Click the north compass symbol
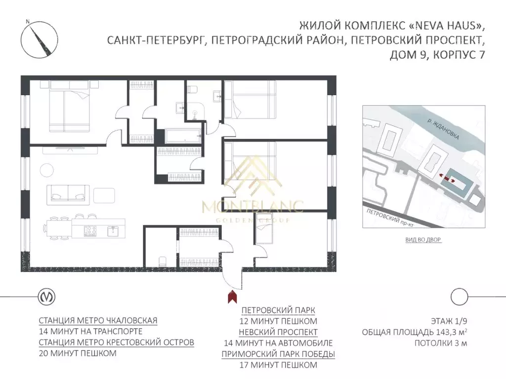click(x=40, y=39)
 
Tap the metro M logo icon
click(x=47, y=297)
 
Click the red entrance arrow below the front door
click(x=232, y=297)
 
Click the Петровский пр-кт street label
click(x=390, y=218)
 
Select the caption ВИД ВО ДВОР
click(x=423, y=239)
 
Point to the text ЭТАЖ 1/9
click(x=449, y=321)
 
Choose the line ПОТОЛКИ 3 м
click(x=441, y=343)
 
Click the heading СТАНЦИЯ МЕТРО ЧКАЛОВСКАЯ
click(x=98, y=321)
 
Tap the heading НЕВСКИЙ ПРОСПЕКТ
click(x=278, y=332)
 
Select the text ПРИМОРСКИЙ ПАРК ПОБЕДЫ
click(x=278, y=354)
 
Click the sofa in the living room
click(x=68, y=194)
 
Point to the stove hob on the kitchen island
click(x=90, y=231)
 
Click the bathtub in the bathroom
click(x=183, y=135)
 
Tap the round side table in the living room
click(x=47, y=170)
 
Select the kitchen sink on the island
click(x=113, y=231)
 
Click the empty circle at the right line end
click(x=459, y=297)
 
